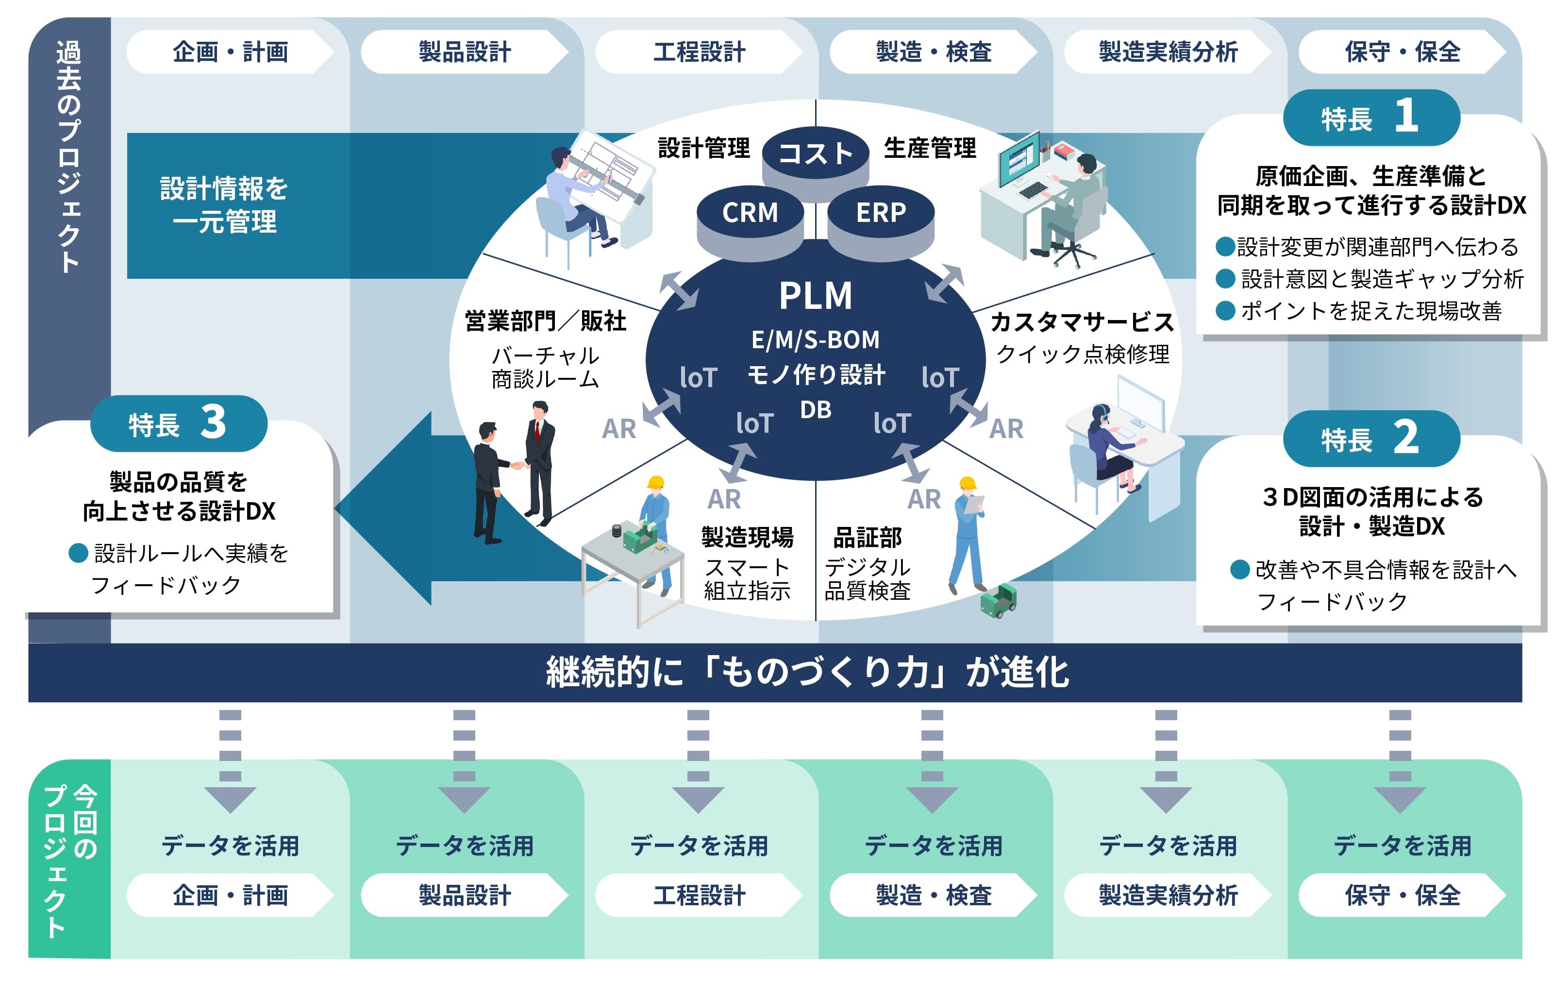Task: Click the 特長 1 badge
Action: [x=1371, y=118]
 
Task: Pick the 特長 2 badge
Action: [x=1371, y=439]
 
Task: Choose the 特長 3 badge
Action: [x=179, y=424]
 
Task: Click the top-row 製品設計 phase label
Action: [x=465, y=51]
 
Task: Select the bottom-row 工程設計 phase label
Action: [x=699, y=895]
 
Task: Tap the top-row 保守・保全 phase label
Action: [x=1402, y=51]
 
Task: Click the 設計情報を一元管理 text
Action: [x=224, y=205]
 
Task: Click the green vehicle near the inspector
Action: [x=998, y=600]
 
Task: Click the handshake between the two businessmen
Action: [x=518, y=464]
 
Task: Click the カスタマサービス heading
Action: [x=1082, y=321]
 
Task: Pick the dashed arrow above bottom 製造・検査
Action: [x=932, y=761]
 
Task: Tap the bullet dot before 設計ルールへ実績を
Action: [x=78, y=553]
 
